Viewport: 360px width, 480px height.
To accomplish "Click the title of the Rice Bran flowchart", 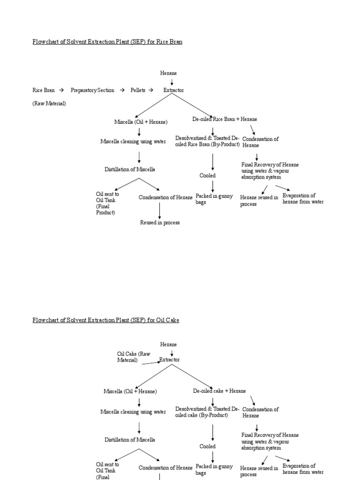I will [107, 42].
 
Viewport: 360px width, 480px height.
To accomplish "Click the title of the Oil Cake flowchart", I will [105, 320].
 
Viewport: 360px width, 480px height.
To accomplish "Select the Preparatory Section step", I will [92, 90].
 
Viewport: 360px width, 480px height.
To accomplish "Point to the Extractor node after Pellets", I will [173, 90].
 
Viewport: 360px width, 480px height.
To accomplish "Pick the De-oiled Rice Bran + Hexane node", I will [225, 119].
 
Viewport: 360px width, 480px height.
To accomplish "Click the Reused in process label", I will [160, 223].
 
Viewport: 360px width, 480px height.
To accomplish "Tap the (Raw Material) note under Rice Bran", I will [49, 103].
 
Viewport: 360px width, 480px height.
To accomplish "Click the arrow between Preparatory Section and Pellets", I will [121, 90].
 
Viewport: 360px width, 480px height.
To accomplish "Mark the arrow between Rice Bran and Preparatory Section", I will [61, 90].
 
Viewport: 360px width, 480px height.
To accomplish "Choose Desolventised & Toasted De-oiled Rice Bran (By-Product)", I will [207, 141].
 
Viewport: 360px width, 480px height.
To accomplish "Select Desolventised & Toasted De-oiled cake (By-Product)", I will [207, 412].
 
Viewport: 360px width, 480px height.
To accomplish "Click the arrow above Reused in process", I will [160, 210].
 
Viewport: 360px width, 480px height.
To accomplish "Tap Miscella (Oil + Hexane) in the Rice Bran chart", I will [141, 122].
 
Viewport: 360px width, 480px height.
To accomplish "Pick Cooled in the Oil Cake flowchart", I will [208, 446].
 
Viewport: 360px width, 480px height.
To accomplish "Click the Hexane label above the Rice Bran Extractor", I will [169, 73].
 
